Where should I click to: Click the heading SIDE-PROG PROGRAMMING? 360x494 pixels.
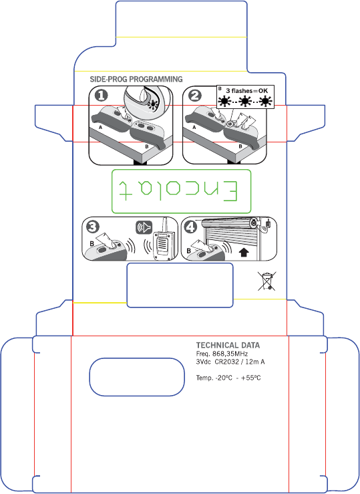pyautogui.click(x=136, y=79)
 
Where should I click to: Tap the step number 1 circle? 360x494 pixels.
pyautogui.click(x=102, y=96)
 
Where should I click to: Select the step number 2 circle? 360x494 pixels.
pyautogui.click(x=196, y=96)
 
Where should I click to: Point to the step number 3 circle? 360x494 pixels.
pyautogui.click(x=93, y=227)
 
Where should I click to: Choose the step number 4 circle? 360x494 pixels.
pyautogui.click(x=190, y=227)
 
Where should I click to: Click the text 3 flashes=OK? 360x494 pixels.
pyautogui.click(x=246, y=91)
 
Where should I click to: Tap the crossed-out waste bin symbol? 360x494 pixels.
pyautogui.click(x=267, y=281)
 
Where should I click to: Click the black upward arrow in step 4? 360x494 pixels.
pyautogui.click(x=244, y=252)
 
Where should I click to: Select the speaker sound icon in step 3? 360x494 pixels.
pyautogui.click(x=144, y=227)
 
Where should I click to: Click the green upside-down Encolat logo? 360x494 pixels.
pyautogui.click(x=181, y=192)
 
